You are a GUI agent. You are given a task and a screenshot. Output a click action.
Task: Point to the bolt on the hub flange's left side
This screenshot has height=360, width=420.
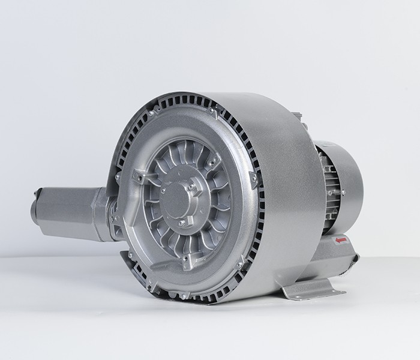coord(162,191)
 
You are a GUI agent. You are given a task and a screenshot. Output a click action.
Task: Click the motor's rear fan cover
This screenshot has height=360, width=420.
coord(348,180)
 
